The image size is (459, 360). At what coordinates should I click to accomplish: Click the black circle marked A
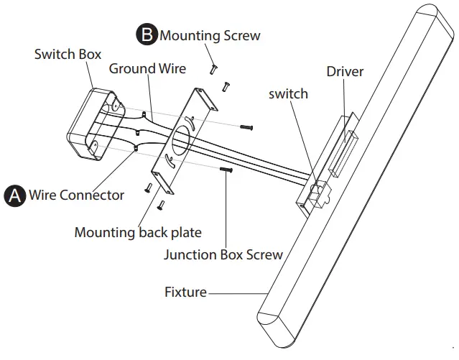tap(14, 195)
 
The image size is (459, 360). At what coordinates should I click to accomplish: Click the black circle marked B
tap(147, 34)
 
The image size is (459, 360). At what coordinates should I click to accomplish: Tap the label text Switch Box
tap(68, 54)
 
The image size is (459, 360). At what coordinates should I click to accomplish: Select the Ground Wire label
tap(147, 69)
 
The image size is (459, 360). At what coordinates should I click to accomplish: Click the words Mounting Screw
tap(210, 34)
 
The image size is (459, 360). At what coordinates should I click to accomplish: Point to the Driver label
tap(345, 72)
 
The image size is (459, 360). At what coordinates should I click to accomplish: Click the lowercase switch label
tap(289, 93)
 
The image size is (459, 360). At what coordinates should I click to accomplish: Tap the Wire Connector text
tap(76, 195)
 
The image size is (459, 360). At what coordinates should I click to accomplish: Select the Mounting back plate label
tap(138, 232)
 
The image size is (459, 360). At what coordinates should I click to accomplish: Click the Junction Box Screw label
tap(223, 254)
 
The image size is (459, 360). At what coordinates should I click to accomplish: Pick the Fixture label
tap(185, 292)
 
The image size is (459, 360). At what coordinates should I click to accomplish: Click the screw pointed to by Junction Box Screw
tap(225, 172)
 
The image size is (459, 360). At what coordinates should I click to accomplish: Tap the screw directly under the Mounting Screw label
tap(213, 68)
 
